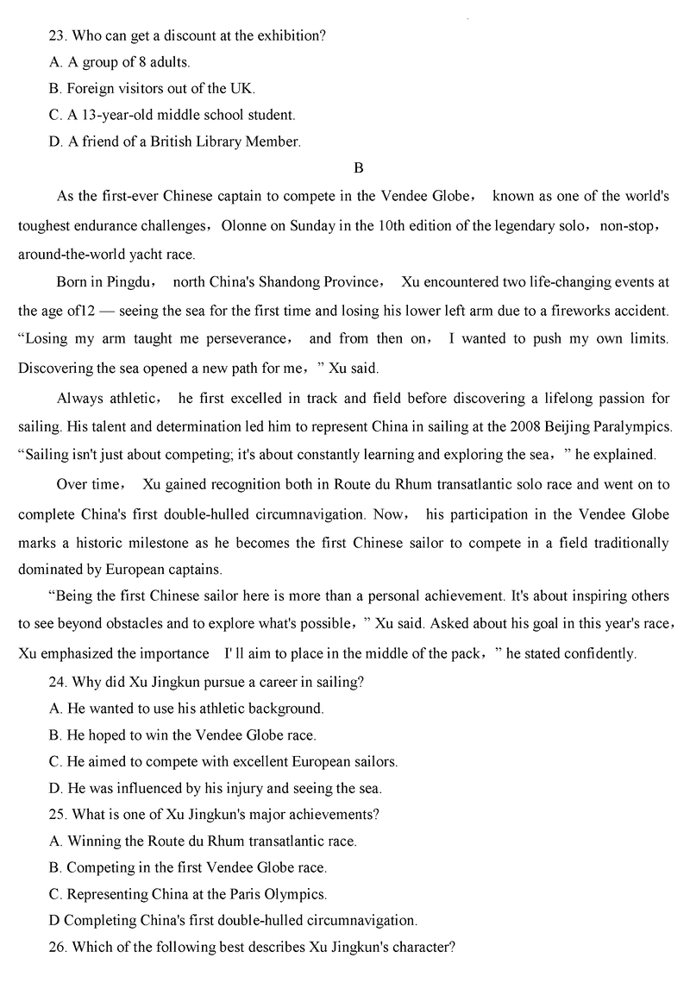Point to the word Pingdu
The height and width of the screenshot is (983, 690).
pyautogui.click(x=132, y=282)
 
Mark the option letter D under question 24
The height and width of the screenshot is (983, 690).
pyautogui.click(x=55, y=787)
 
